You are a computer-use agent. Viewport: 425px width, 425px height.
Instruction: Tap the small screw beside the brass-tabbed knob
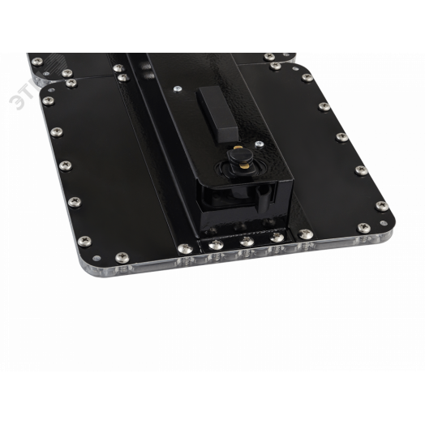coord(259,141)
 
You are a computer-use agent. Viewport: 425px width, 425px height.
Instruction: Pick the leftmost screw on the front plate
coord(46,101)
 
